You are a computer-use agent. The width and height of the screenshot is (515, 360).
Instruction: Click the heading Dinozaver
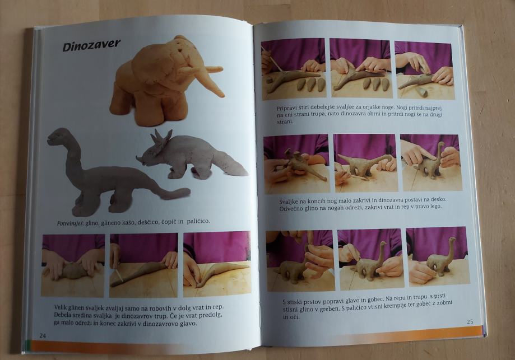[91, 45]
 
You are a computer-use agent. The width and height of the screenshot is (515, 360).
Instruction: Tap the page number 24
[43, 335]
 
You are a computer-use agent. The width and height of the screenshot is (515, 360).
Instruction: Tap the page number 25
[470, 321]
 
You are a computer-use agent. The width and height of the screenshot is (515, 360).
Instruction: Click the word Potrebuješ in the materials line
[71, 223]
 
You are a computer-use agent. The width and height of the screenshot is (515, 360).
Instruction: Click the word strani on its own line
[285, 121]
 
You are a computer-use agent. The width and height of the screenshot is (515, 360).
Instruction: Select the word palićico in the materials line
[198, 221]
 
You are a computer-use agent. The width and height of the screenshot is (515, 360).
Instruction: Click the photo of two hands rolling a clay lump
[73, 265]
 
